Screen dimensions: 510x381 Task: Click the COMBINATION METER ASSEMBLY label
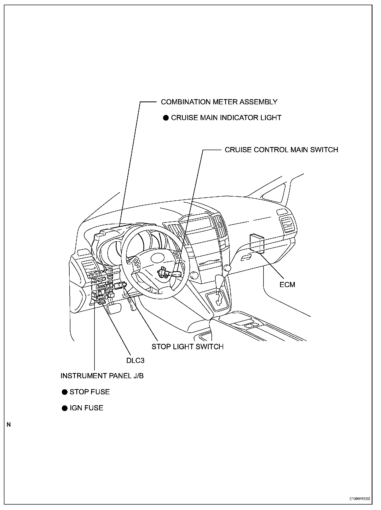pyautogui.click(x=219, y=102)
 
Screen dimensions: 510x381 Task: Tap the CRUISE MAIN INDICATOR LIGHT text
pyautogui.click(x=226, y=118)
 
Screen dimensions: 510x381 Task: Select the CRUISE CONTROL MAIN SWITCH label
pyautogui.click(x=281, y=150)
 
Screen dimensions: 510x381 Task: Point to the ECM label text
pyautogui.click(x=287, y=285)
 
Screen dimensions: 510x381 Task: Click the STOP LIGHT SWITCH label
pyautogui.click(x=187, y=347)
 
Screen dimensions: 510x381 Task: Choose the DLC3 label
pyautogui.click(x=135, y=360)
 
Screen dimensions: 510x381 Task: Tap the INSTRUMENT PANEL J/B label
pyautogui.click(x=102, y=376)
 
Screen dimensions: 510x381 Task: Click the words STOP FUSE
pyautogui.click(x=90, y=392)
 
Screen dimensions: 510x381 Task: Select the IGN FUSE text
pyautogui.click(x=86, y=408)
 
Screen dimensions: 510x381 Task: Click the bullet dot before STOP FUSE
pyautogui.click(x=64, y=392)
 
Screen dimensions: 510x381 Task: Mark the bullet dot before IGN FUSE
pyautogui.click(x=64, y=408)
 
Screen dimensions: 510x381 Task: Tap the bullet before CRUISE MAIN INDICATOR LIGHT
pyautogui.click(x=166, y=118)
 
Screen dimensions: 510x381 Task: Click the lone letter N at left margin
pyautogui.click(x=9, y=425)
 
